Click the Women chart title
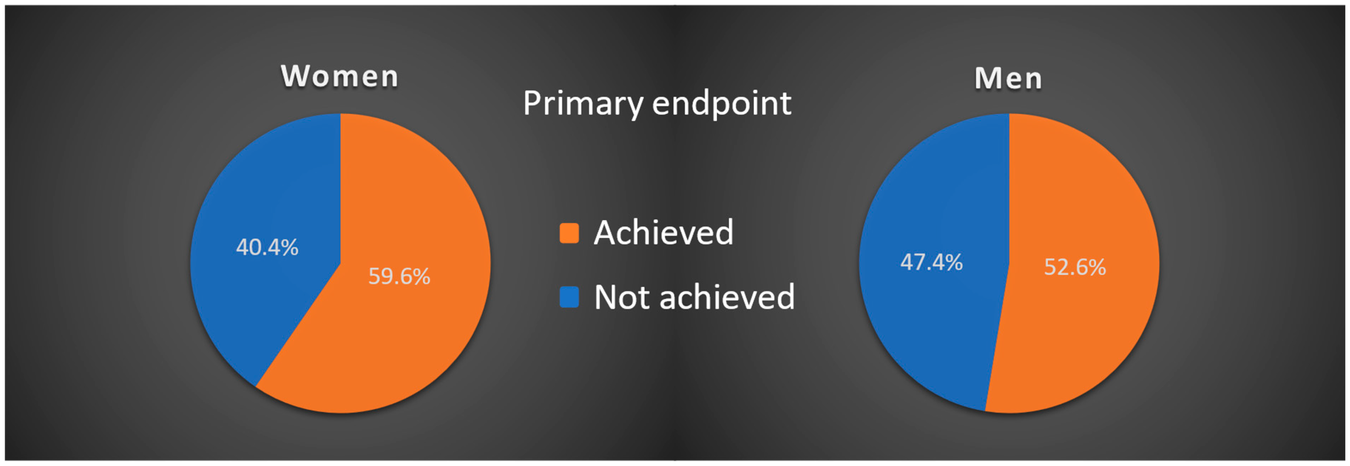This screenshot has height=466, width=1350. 340,77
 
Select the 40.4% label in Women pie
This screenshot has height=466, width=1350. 267,247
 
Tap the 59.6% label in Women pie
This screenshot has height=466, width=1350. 399,276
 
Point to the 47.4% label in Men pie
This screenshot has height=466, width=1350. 931,262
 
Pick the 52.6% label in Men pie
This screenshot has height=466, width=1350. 1075,267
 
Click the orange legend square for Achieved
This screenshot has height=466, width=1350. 569,233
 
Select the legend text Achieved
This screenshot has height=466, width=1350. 663,233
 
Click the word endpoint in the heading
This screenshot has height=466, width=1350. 722,104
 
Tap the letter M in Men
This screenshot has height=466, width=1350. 988,78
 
